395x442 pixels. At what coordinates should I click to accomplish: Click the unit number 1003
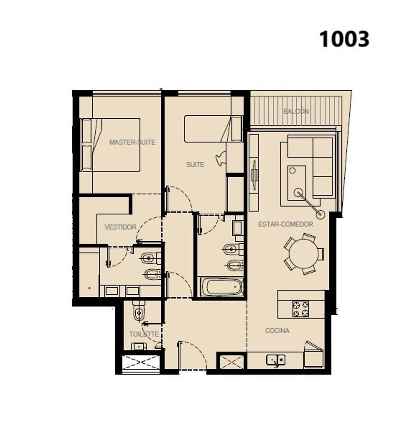344,39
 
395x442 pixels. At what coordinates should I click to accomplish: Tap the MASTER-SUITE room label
132,142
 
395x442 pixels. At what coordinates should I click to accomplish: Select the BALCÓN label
296,111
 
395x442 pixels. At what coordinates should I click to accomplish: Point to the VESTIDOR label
120,227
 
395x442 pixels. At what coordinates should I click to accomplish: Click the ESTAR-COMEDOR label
285,224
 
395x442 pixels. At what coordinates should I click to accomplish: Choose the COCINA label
277,330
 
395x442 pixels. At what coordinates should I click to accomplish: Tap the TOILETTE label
144,334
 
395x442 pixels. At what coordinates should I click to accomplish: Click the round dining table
303,253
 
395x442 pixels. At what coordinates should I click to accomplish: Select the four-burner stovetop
301,309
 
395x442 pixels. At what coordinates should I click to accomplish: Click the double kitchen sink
276,360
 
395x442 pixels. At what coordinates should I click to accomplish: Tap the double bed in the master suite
110,145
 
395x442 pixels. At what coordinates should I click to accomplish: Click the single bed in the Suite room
213,129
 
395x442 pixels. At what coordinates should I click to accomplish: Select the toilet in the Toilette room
139,311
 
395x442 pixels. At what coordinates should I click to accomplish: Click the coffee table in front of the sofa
297,183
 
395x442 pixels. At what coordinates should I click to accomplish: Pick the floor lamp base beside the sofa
320,215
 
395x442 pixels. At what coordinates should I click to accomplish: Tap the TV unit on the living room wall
254,172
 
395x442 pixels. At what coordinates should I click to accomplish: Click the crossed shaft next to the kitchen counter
231,362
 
